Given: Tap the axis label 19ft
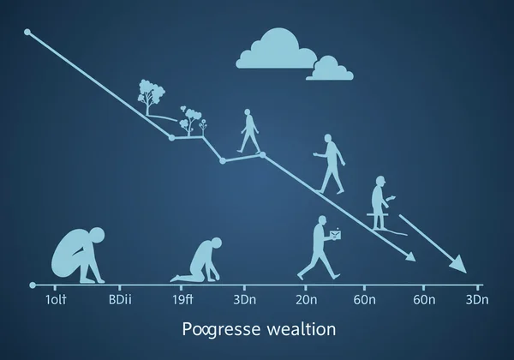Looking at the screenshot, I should click(182, 301).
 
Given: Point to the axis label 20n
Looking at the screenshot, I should click(307, 301).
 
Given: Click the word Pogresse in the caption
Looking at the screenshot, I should click(212, 330).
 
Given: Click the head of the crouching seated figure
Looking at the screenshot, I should click(97, 234).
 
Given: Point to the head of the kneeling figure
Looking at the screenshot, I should click(211, 245).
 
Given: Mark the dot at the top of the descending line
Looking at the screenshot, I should click(27, 33).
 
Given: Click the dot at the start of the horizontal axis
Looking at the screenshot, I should click(32, 284).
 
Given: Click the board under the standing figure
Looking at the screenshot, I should click(380, 228).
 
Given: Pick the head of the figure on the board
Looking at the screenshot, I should click(378, 183).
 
